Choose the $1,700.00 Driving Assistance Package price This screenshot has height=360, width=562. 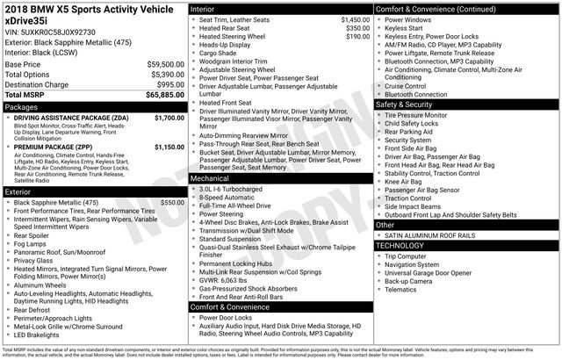(x=169, y=117)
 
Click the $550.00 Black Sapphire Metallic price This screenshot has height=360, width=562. (x=171, y=202)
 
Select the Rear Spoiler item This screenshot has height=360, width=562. (x=34, y=235)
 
